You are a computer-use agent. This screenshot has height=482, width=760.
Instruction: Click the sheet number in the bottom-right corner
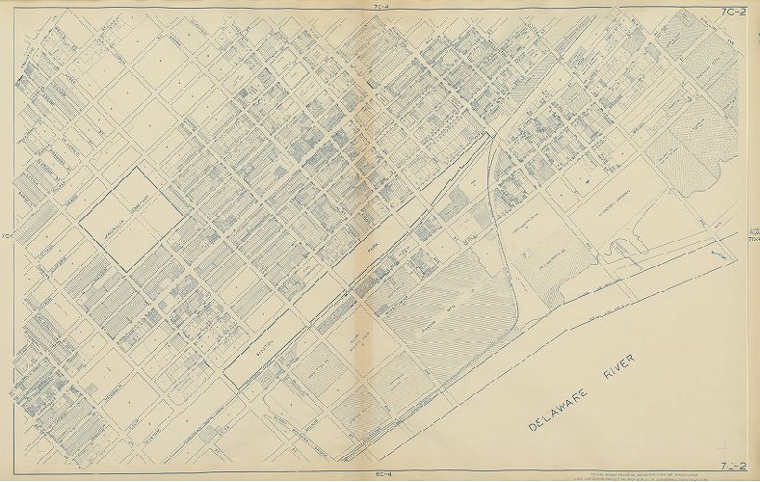tap(738, 469)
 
